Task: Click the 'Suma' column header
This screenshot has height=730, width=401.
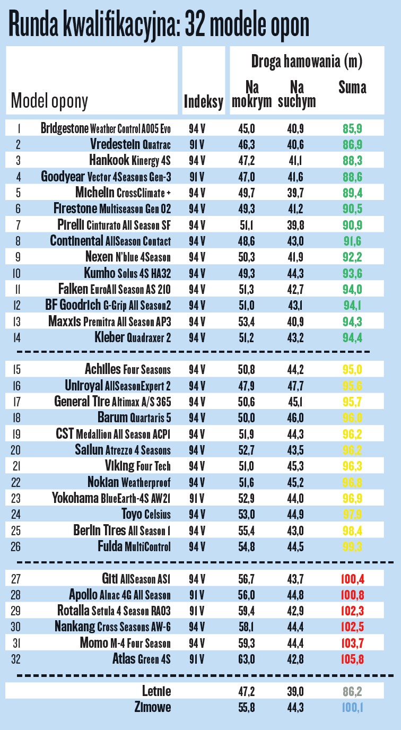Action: coord(352,87)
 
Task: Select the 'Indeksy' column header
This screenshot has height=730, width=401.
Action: coord(203,102)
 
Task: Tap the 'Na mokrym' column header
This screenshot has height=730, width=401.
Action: coord(251,94)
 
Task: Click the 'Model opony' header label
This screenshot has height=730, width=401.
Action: coord(50,101)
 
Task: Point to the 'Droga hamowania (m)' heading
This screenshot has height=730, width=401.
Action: coord(306,61)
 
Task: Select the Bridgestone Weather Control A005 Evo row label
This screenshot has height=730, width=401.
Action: coord(106,128)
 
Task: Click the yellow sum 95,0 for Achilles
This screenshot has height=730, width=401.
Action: coord(352,369)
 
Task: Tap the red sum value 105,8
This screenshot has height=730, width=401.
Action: coord(352,659)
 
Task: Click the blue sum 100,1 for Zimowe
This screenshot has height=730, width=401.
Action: coord(352,707)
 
